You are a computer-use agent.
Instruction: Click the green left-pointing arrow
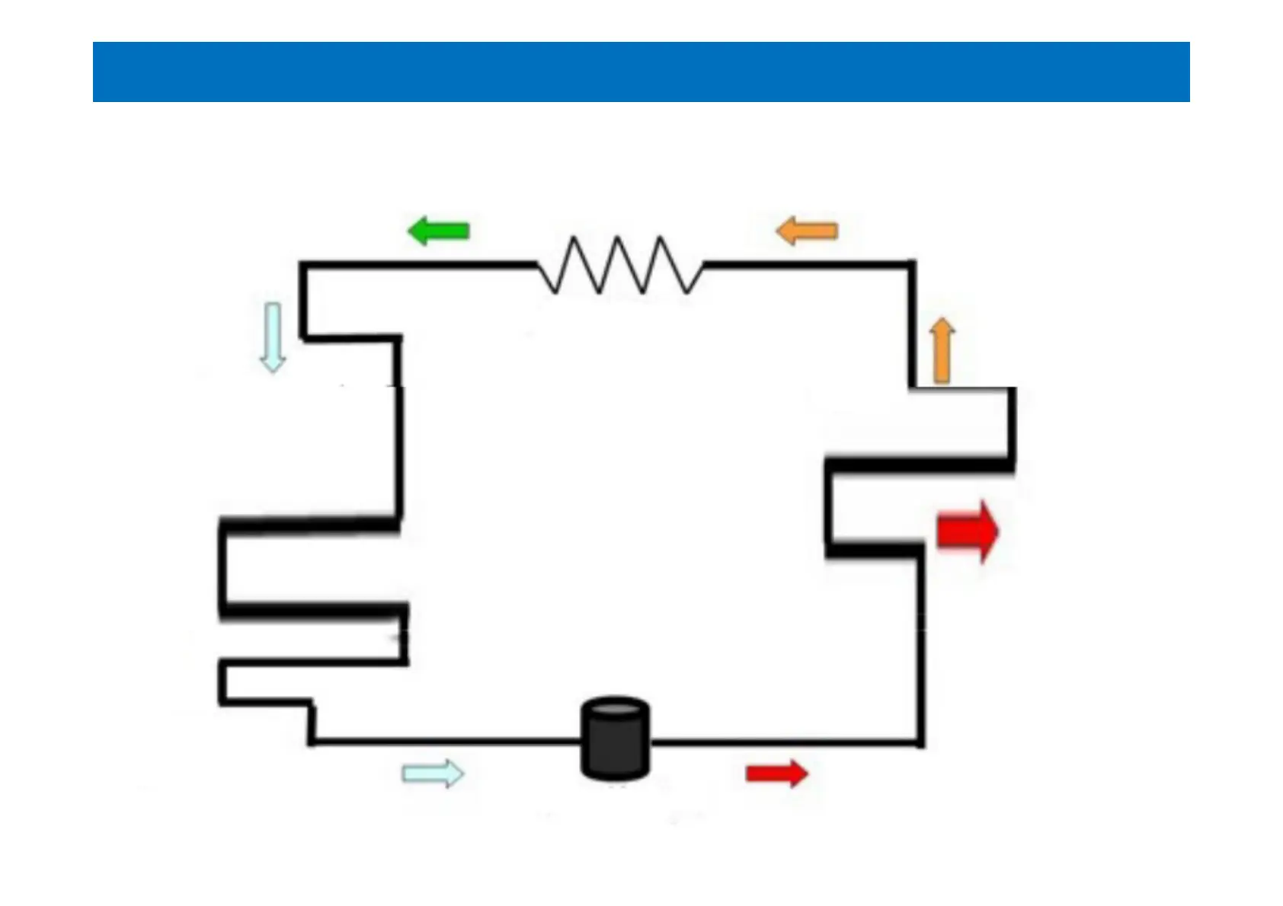439,231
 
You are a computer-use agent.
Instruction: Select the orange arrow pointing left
807,231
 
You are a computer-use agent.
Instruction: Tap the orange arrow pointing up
942,350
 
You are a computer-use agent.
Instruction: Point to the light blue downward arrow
272,337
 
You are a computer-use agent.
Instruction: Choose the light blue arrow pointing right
433,774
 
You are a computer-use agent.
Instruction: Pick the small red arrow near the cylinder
776,774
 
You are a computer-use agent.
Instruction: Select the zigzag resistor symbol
620,265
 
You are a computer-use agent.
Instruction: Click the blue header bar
641,72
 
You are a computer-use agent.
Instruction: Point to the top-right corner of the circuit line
912,265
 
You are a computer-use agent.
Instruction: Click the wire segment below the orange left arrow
807,265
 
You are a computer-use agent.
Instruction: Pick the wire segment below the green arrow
439,265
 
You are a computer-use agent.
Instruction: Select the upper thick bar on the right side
920,463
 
